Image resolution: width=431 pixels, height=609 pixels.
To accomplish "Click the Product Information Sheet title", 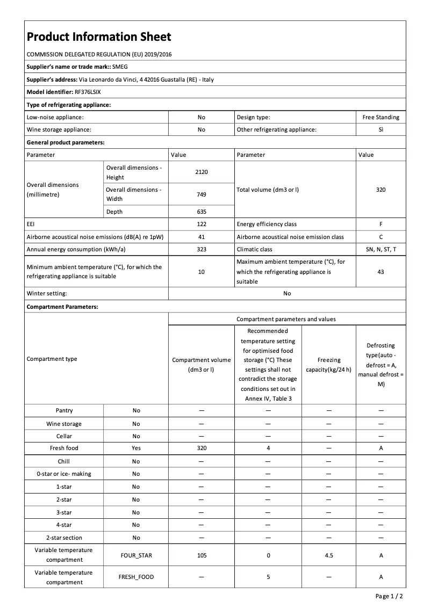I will [x=99, y=37].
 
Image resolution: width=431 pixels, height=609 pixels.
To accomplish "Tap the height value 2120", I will [x=202, y=172].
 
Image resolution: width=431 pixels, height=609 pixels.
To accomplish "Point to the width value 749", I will [x=202, y=194].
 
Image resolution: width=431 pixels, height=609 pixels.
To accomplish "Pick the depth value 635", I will [x=202, y=212].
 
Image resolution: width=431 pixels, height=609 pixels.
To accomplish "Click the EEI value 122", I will [x=202, y=224].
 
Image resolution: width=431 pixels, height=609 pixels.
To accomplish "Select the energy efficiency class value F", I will [x=380, y=224].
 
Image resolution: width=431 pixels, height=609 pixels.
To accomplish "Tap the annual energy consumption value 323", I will [x=202, y=249].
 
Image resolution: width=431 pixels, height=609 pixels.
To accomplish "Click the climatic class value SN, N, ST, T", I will [x=380, y=249].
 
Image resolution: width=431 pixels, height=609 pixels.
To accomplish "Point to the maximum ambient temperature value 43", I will [x=380, y=272].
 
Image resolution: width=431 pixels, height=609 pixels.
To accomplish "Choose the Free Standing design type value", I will [x=380, y=117].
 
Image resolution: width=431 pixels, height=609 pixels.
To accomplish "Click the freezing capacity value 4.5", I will [x=329, y=555].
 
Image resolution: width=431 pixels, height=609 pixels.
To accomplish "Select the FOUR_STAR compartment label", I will [x=136, y=555].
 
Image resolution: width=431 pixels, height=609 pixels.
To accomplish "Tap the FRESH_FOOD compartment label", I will [x=136, y=577].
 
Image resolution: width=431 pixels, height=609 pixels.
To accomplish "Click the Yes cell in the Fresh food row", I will [x=136, y=448].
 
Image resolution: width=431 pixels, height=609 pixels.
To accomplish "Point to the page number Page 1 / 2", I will [x=389, y=596].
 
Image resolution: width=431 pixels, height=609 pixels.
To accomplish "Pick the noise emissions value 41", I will [x=202, y=237].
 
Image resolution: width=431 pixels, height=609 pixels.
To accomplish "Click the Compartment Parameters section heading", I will [x=62, y=307].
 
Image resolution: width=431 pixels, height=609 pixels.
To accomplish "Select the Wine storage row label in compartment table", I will [x=64, y=424].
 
